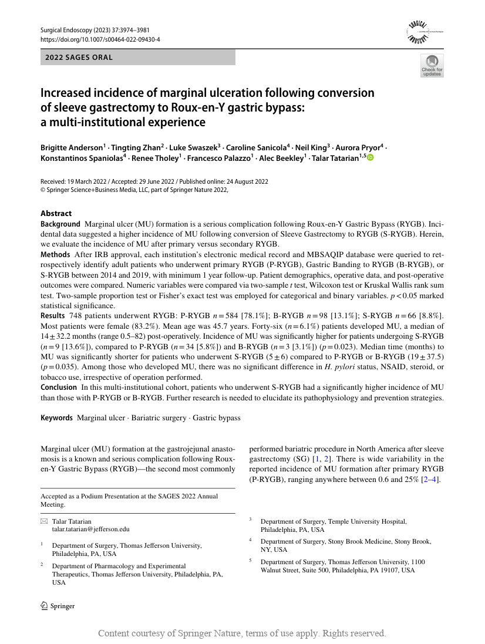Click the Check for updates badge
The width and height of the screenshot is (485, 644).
click(x=432, y=66)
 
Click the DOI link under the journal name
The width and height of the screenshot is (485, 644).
click(x=100, y=39)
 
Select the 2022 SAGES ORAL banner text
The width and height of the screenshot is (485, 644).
click(x=79, y=58)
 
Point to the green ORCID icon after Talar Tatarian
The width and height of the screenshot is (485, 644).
click(x=370, y=158)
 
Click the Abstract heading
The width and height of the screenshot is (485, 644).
click(x=56, y=213)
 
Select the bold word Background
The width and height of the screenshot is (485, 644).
click(x=60, y=224)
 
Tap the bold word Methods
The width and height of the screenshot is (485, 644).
click(x=55, y=255)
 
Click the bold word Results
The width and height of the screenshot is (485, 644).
click(x=53, y=316)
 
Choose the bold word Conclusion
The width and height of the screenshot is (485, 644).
click(x=58, y=387)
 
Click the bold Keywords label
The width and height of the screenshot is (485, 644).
click(x=56, y=418)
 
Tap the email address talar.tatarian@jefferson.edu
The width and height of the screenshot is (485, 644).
click(x=90, y=529)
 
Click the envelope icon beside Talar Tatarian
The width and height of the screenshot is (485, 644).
click(x=44, y=521)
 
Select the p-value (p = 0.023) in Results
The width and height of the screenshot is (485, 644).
click(x=329, y=346)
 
